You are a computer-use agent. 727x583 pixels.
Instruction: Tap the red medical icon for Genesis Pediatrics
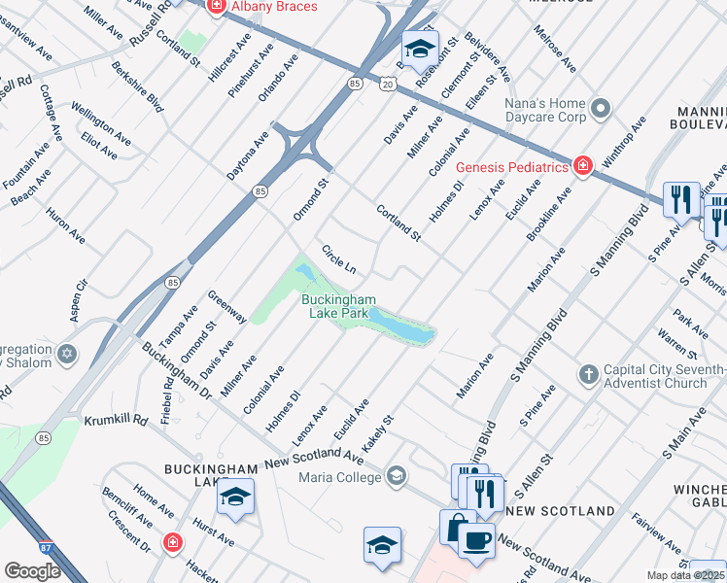[x=582, y=166]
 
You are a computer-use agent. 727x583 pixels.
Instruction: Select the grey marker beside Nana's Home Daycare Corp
[x=600, y=106]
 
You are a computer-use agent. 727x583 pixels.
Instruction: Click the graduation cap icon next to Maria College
[x=396, y=476]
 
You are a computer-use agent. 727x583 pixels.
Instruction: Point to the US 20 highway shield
[x=388, y=85]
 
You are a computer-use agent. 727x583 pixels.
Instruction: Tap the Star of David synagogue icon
[x=67, y=352]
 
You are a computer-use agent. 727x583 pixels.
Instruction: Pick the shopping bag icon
[x=455, y=527]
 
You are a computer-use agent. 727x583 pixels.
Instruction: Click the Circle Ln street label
[x=339, y=258]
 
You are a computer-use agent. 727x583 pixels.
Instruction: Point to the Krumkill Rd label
[x=114, y=419]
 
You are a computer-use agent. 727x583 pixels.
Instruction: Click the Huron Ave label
[x=65, y=223]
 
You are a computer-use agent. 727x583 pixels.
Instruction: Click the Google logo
[x=32, y=571]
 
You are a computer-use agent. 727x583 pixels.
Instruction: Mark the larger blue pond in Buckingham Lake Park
[x=400, y=326]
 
